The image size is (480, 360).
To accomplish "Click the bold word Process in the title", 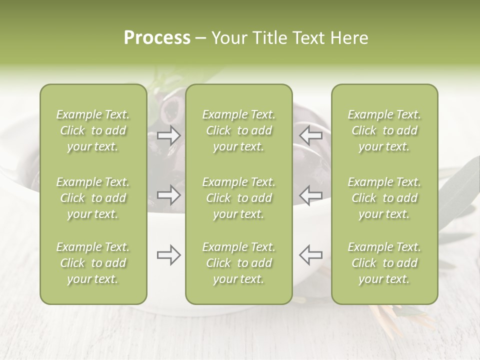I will pos(157,38).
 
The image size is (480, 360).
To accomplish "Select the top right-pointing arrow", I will pos(168,135).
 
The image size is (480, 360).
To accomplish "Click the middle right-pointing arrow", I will pos(168,195).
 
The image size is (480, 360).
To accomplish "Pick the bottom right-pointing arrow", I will pos(168,255).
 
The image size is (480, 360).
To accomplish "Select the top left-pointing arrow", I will pos(310,135).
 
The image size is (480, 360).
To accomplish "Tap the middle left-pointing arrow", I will pos(310,195).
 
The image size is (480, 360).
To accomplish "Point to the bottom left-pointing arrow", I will pos(310,255).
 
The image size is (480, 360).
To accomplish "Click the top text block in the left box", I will pos(93,130).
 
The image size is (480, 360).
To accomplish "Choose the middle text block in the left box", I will pos(93,198).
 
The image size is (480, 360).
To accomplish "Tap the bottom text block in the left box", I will pos(93,263).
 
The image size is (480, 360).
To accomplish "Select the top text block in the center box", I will pos(239,130).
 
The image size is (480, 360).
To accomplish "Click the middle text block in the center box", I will pos(239,198).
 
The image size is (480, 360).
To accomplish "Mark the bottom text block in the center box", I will pos(239,263).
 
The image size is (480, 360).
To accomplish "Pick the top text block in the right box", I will pos(384,130).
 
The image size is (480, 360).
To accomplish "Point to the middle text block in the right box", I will pos(384,198).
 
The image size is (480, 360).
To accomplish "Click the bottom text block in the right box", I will pos(384,263).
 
